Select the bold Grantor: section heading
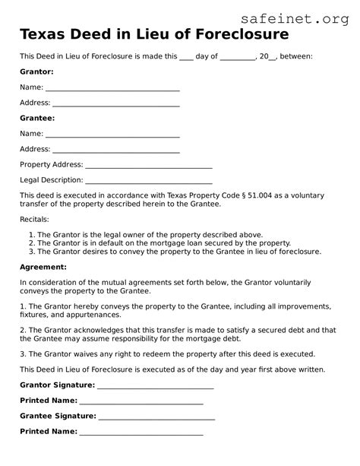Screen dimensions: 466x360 coord(36,71)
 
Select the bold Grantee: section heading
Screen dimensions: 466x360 coord(36,118)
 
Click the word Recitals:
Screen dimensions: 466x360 coord(35,219)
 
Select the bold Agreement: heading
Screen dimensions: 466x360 coord(43,267)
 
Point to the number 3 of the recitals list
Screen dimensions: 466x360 coord(31,251)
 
